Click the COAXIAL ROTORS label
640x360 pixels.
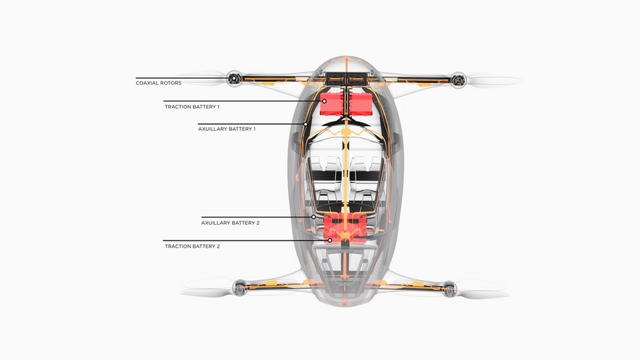point(159,83)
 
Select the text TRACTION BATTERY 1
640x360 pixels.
point(192,107)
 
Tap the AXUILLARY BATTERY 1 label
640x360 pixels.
point(227,128)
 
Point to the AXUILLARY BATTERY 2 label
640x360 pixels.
point(231,223)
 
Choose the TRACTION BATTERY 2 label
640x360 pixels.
point(192,246)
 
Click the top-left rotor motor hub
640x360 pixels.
point(233,79)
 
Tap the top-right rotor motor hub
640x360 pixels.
point(457,80)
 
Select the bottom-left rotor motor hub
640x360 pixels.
point(237,289)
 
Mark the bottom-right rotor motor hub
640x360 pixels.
point(449,289)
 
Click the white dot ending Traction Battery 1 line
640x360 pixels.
point(325,101)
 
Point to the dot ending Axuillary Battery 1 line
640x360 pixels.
point(306,123)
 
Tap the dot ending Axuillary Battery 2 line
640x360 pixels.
point(314,217)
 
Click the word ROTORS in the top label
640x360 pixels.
point(169,83)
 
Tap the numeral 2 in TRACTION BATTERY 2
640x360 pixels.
point(218,246)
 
